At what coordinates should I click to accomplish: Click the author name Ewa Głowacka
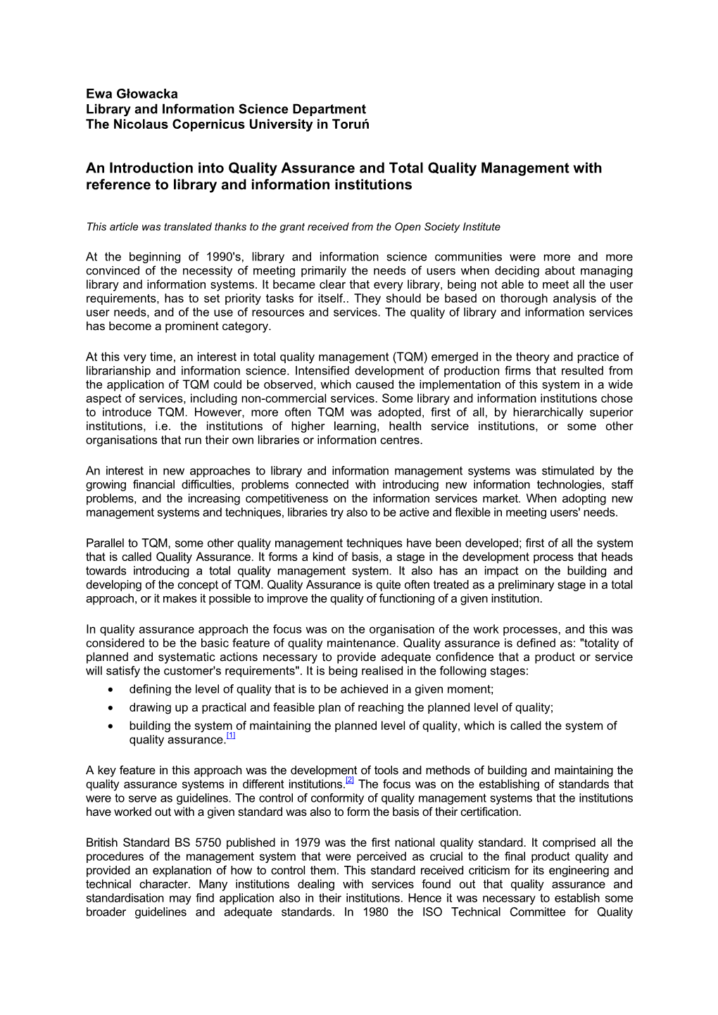(x=132, y=94)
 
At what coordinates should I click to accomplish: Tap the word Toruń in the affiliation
(x=350, y=125)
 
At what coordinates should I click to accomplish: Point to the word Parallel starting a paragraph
(x=105, y=543)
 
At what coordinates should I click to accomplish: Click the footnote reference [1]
(x=231, y=736)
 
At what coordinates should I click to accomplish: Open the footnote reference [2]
(x=350, y=781)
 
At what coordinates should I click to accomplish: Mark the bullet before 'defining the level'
(x=111, y=690)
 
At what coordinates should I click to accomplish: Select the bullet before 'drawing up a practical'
(x=111, y=708)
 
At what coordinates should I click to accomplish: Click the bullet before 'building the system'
(x=111, y=726)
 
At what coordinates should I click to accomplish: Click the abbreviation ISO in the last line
(x=432, y=912)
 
